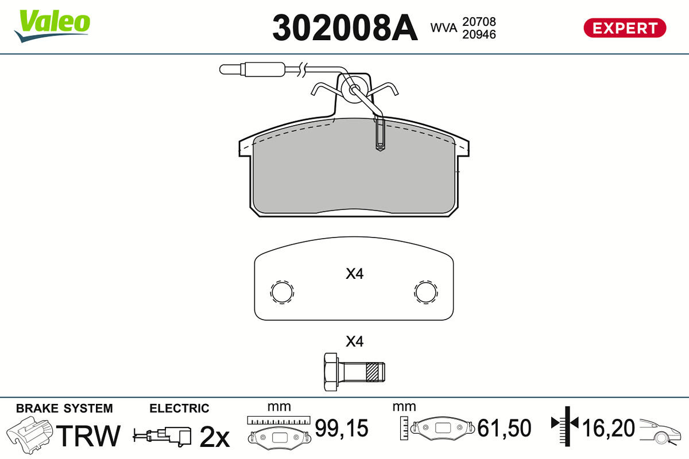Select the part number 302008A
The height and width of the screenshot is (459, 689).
pyautogui.click(x=345, y=28)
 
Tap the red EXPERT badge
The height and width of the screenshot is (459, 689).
pyautogui.click(x=625, y=28)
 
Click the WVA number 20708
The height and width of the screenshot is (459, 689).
pyautogui.click(x=479, y=22)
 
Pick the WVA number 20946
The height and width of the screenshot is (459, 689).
pyautogui.click(x=479, y=34)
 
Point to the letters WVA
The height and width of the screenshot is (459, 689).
pyautogui.click(x=443, y=28)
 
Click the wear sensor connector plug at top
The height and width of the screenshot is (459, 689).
pyautogui.click(x=252, y=69)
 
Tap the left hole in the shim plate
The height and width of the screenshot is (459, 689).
pyautogui.click(x=282, y=293)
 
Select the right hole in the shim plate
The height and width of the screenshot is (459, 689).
pyautogui.click(x=426, y=293)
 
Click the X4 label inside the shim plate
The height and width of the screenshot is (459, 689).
pyautogui.click(x=355, y=274)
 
